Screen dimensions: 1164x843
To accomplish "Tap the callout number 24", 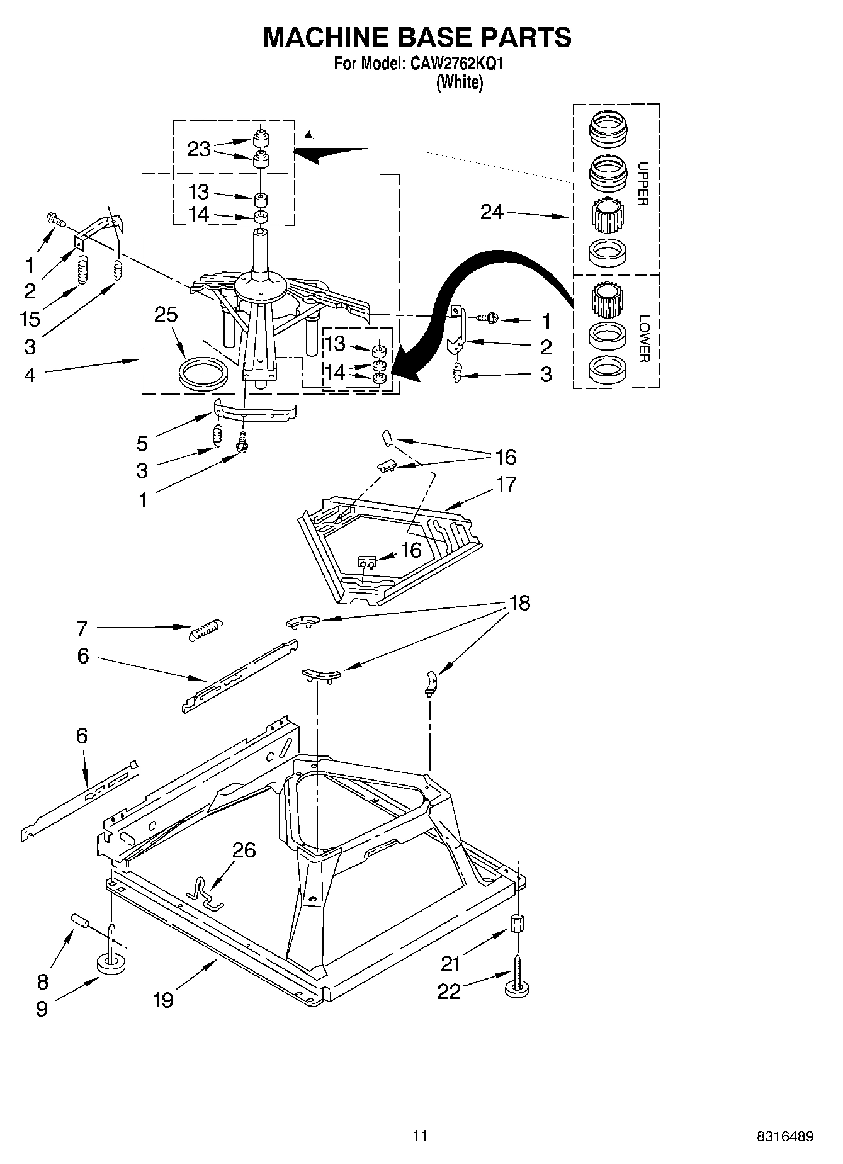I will [x=492, y=212].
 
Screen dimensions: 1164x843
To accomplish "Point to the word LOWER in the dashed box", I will [x=643, y=338].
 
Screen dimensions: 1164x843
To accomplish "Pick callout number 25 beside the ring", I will [x=166, y=315].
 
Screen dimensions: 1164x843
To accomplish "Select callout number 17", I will [x=506, y=484].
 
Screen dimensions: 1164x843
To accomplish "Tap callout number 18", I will [x=519, y=603].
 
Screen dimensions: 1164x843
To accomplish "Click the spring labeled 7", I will [x=206, y=629].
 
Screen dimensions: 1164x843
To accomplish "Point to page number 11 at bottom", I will [x=420, y=1135].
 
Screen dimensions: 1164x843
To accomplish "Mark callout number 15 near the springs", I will [x=30, y=319].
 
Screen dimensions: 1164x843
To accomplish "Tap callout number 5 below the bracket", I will [x=142, y=443].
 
